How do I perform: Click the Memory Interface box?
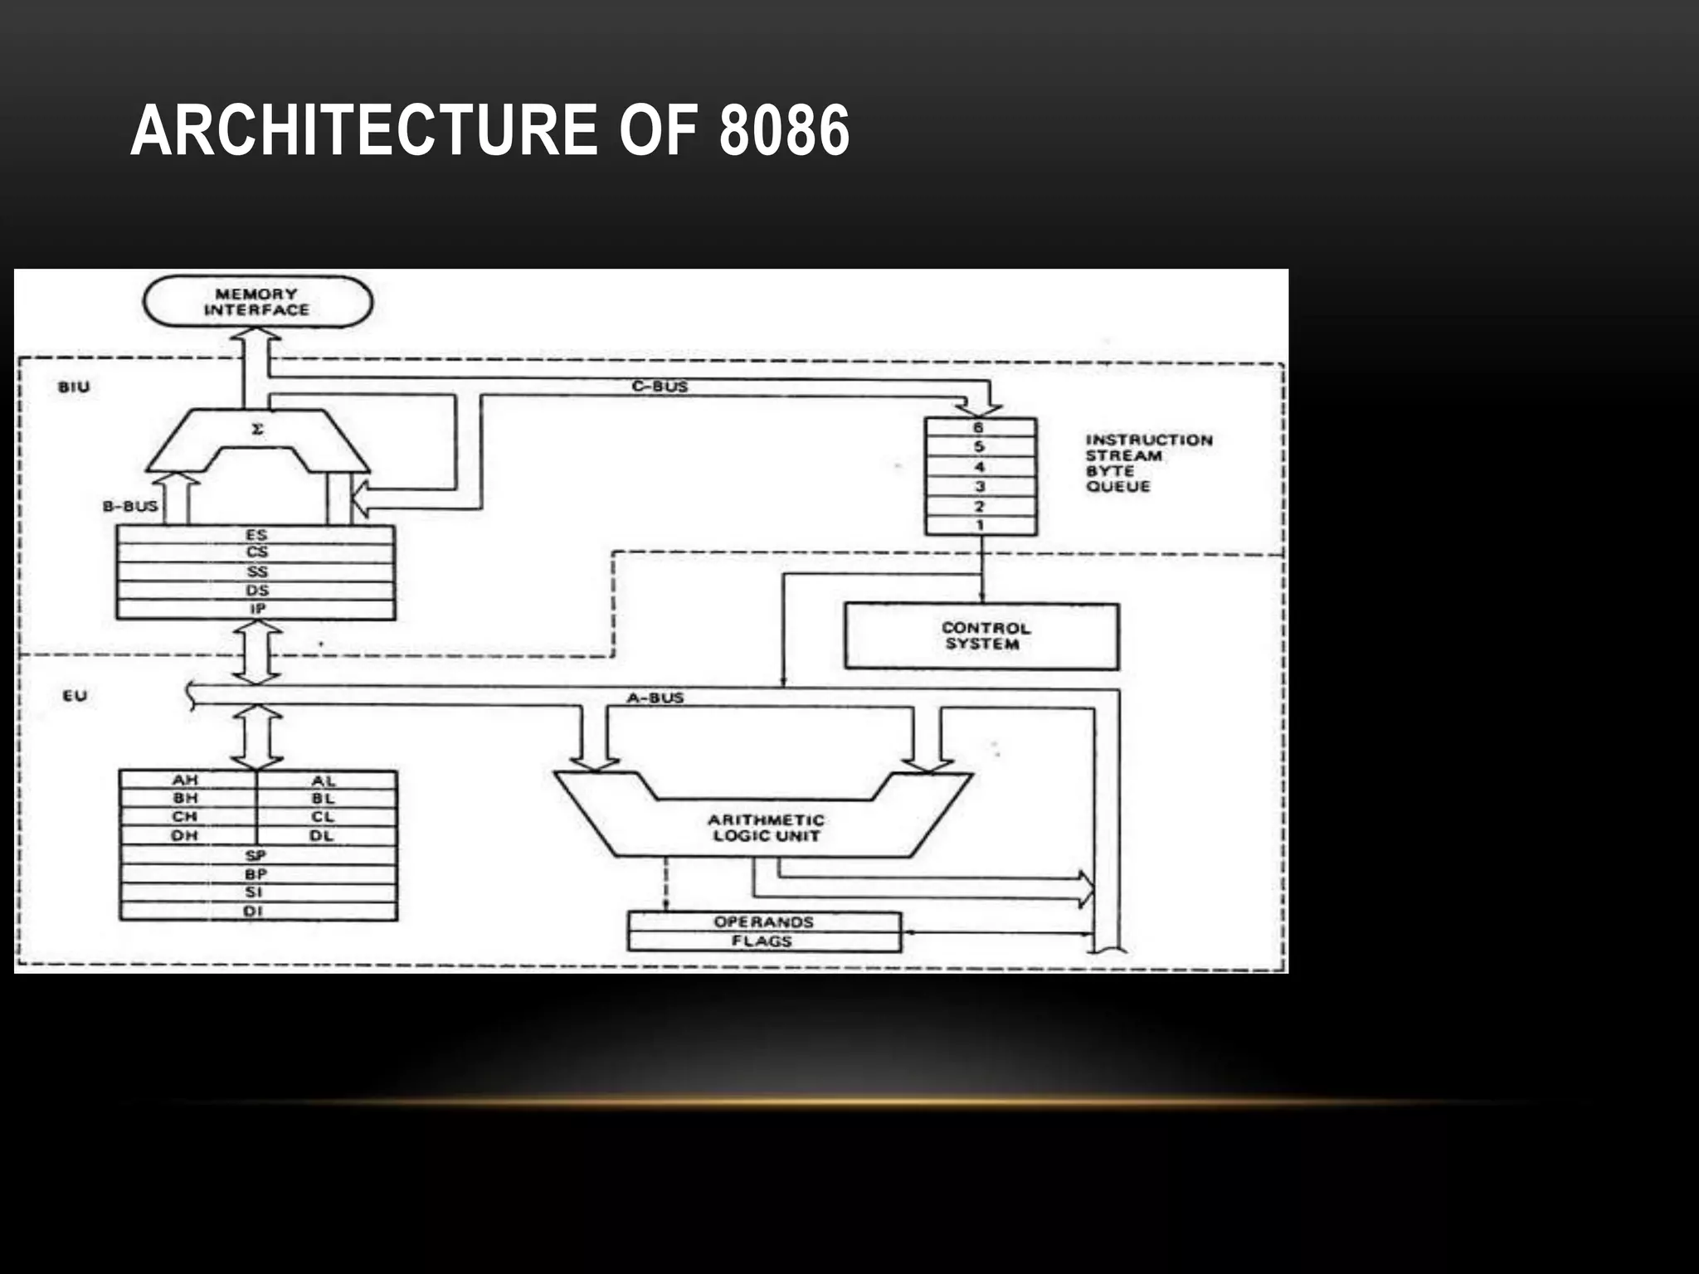(257, 302)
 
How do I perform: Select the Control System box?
(981, 636)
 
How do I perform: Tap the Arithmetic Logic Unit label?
(765, 828)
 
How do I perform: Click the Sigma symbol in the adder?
(257, 430)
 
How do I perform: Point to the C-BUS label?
(660, 387)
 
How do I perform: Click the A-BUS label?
(655, 698)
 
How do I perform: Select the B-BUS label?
(130, 506)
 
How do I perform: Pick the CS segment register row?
(256, 552)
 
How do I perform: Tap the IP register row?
(256, 609)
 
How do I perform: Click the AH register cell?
(186, 780)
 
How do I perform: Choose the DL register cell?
(323, 835)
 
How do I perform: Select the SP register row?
(256, 855)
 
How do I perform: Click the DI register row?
(256, 911)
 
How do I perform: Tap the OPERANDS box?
(763, 922)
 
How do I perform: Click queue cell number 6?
(980, 428)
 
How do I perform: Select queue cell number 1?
(980, 525)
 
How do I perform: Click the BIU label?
(74, 387)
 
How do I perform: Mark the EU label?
(75, 696)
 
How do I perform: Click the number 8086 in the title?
(784, 131)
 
